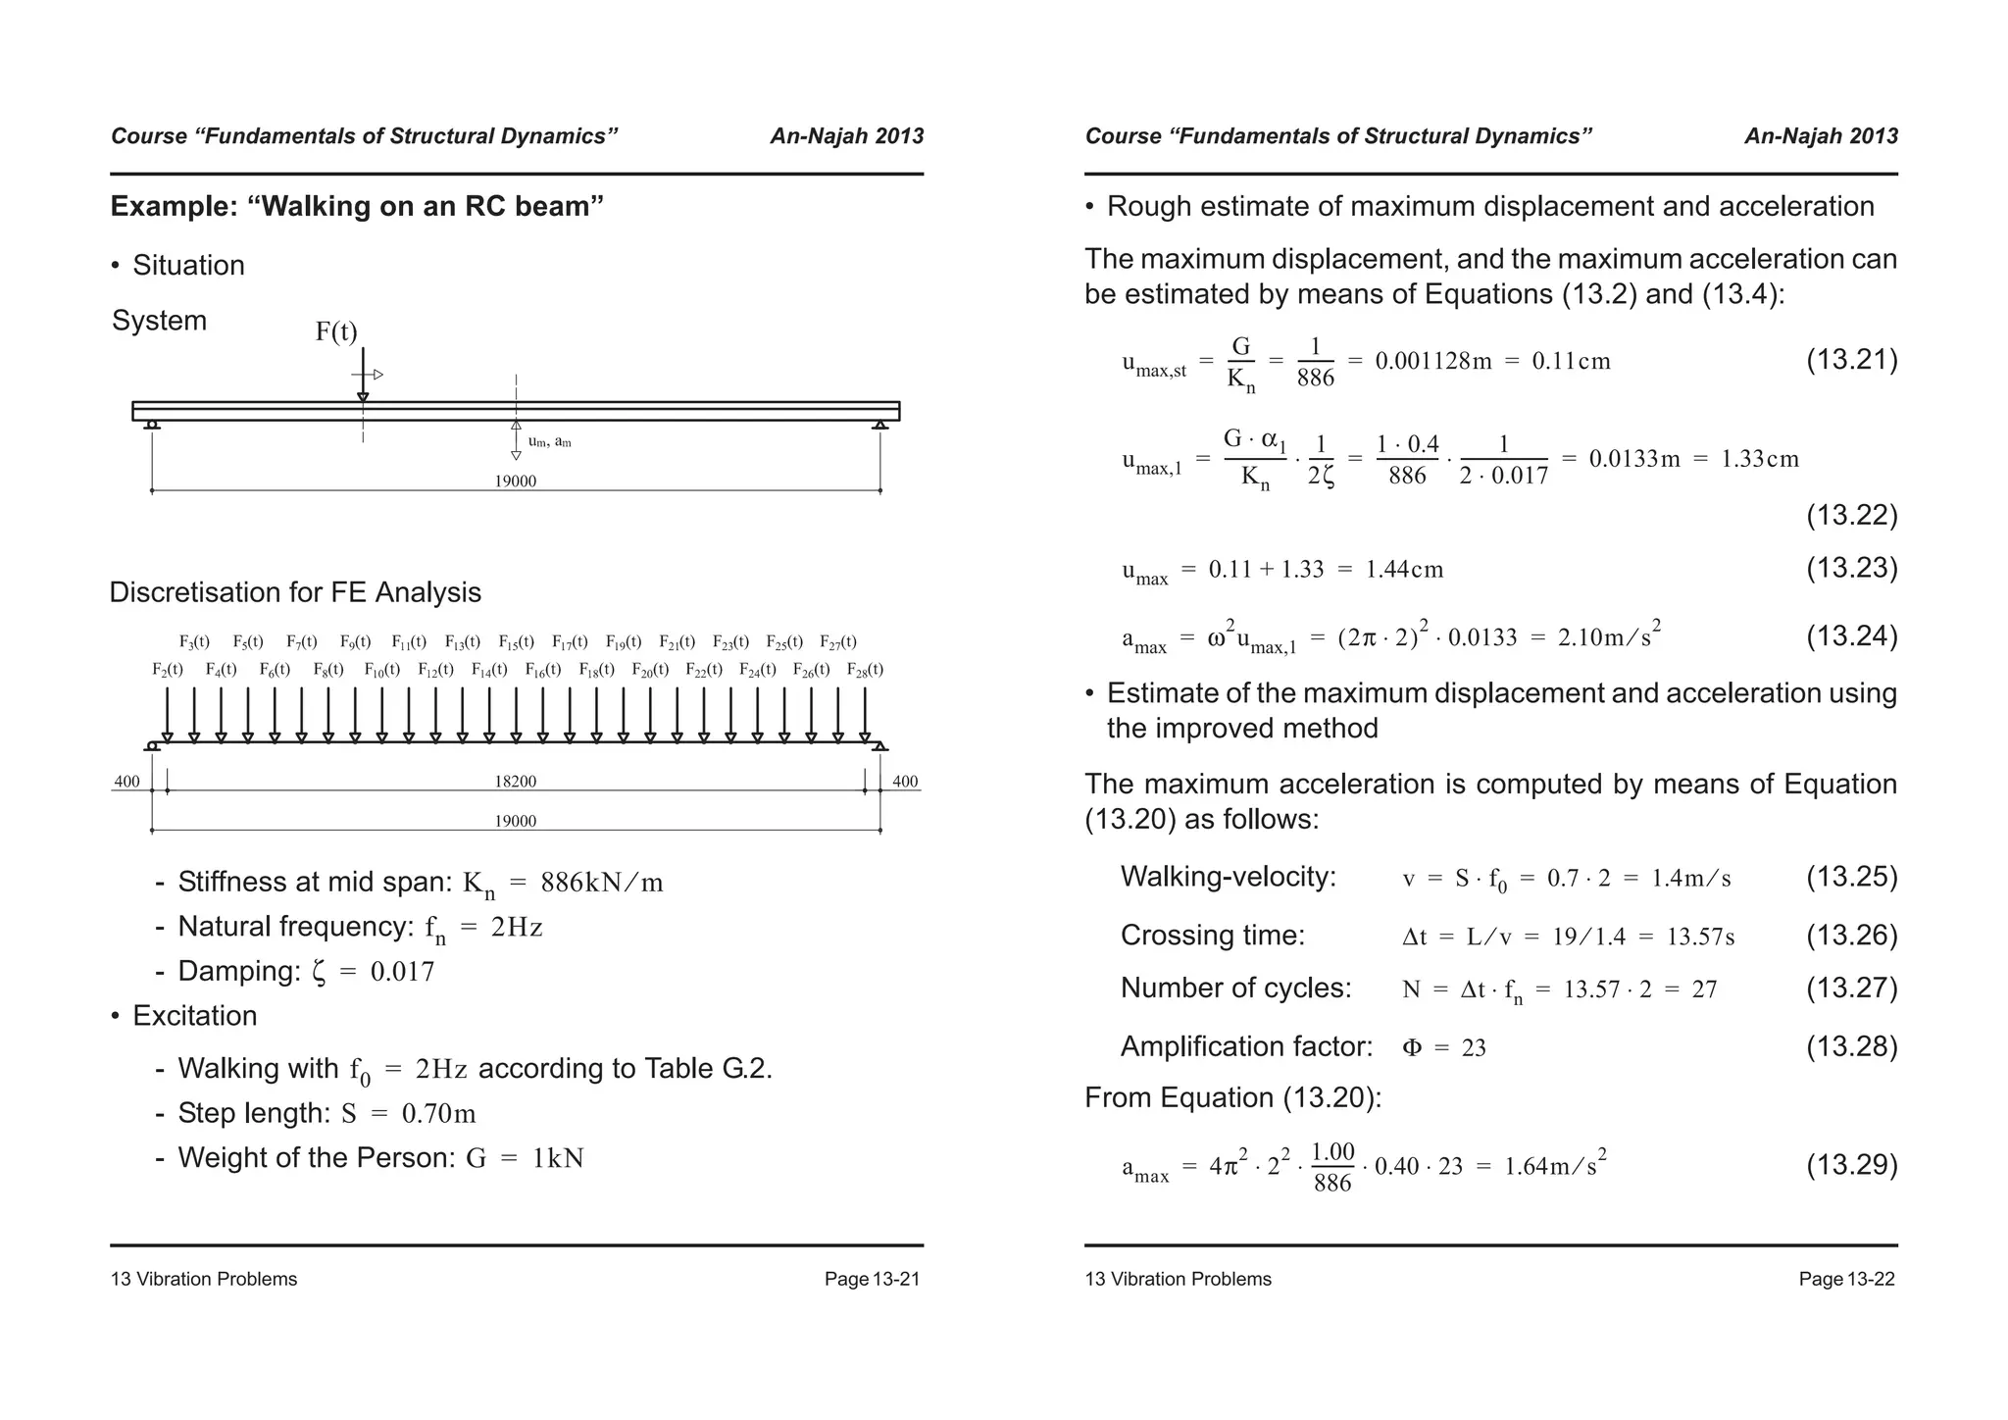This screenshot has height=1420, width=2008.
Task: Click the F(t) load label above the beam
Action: pos(336,332)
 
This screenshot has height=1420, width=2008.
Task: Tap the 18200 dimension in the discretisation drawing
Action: pos(516,782)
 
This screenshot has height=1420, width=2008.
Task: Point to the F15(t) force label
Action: pos(516,642)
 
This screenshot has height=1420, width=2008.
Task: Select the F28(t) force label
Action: pos(865,670)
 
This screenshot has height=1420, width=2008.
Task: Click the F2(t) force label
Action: pos(167,670)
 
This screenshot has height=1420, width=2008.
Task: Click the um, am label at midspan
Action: pos(549,442)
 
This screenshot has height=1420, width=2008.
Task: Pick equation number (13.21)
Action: pos(1851,360)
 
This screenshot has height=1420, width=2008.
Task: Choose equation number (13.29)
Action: pos(1851,1165)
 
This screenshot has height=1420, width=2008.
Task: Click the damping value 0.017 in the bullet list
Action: pos(402,972)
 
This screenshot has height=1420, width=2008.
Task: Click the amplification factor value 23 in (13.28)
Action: pos(1474,1048)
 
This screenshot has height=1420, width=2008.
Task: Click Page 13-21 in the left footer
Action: pos(872,1279)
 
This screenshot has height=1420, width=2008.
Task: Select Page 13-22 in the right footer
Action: pos(1846,1279)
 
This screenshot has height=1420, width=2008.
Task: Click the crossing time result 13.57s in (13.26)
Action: pos(1700,937)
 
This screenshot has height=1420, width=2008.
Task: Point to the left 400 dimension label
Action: pos(127,782)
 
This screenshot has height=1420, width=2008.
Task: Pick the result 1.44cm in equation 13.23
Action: pos(1403,570)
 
